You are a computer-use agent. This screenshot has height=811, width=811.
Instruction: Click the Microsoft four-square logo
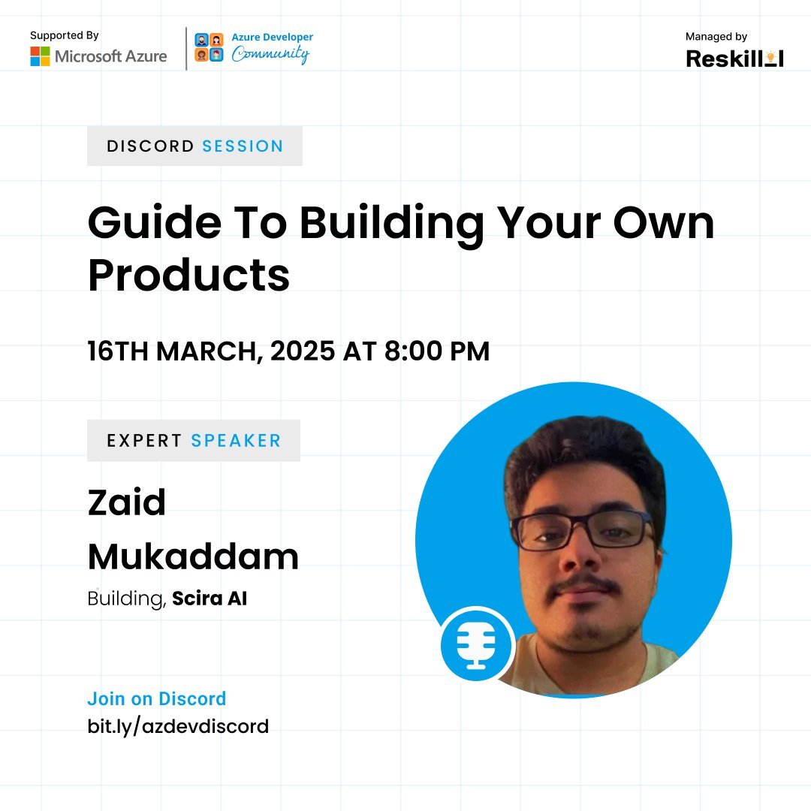(x=40, y=56)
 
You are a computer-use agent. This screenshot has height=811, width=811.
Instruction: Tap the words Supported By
(x=65, y=35)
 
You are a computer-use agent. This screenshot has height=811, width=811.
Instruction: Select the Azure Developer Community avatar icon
(x=209, y=47)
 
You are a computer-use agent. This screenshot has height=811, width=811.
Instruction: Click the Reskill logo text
(x=734, y=59)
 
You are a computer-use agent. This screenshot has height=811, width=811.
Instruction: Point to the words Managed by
(x=716, y=36)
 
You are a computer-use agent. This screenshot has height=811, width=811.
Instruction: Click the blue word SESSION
(x=243, y=146)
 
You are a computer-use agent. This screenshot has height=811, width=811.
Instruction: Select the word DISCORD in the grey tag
(x=150, y=146)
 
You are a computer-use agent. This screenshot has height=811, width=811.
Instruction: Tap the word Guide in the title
(x=143, y=224)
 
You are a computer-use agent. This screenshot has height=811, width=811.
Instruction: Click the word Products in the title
(x=188, y=275)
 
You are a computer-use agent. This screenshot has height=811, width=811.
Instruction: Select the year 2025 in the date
(x=302, y=351)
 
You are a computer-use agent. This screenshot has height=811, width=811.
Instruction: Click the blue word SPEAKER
(x=236, y=441)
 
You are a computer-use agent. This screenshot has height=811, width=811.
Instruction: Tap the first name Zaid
(x=126, y=502)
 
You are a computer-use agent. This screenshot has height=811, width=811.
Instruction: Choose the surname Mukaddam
(x=193, y=556)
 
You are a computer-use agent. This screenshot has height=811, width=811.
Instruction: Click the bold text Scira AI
(x=210, y=599)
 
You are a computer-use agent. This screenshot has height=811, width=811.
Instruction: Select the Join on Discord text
(x=156, y=698)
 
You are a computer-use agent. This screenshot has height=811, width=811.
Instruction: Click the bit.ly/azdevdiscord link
(x=178, y=726)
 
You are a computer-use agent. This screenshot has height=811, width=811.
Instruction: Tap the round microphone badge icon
(x=477, y=645)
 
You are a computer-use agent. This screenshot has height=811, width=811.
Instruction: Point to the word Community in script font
(x=270, y=55)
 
